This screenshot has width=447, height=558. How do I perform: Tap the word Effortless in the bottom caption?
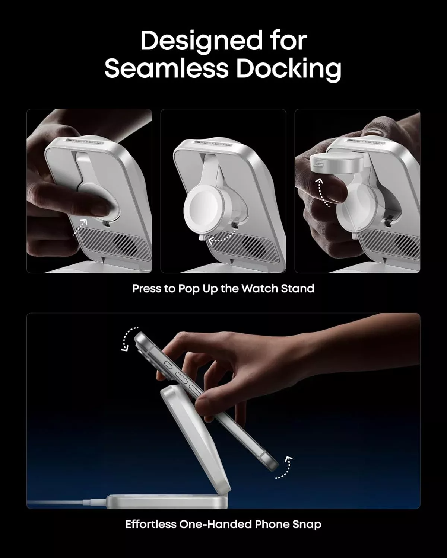click(x=151, y=524)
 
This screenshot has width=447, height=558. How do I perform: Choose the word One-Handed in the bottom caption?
click(x=216, y=524)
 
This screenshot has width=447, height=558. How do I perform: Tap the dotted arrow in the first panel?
click(x=80, y=227)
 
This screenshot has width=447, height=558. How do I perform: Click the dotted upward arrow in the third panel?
click(x=322, y=192)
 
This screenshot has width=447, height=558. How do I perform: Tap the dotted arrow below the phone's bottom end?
click(x=284, y=468)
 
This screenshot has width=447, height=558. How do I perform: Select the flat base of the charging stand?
click(x=167, y=501)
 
